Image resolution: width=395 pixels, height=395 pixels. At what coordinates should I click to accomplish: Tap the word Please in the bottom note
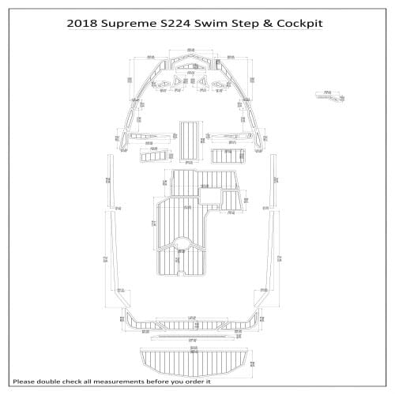[25, 382]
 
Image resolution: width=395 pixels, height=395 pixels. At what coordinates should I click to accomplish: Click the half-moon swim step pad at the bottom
[194, 359]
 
